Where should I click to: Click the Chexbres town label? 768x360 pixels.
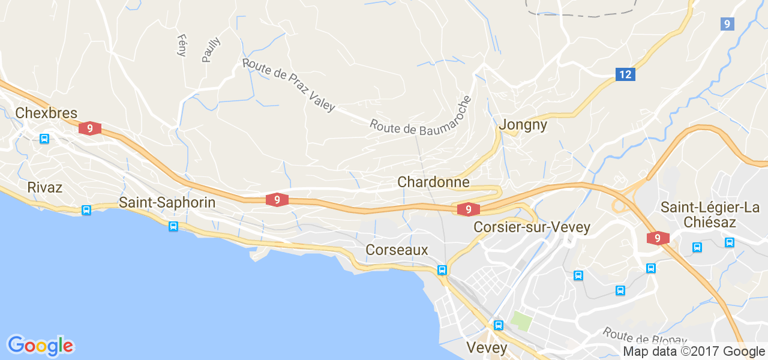(x=46, y=113)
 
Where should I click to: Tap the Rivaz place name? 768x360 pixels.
(x=44, y=187)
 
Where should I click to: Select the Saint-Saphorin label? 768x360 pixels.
(x=167, y=202)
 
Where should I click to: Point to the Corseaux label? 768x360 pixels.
(x=397, y=250)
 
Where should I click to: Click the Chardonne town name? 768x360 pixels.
(x=433, y=182)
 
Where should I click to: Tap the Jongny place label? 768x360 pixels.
(x=523, y=125)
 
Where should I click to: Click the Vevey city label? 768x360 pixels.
(x=487, y=347)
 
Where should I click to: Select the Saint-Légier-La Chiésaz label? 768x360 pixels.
(x=710, y=215)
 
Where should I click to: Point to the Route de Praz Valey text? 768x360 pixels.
(x=289, y=85)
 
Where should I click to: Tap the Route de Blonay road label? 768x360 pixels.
(x=645, y=340)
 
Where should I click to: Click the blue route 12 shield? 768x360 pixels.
(x=625, y=74)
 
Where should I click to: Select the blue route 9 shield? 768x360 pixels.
(x=727, y=24)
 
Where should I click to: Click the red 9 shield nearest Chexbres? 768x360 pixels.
(x=89, y=128)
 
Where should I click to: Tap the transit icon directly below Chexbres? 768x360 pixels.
(x=44, y=139)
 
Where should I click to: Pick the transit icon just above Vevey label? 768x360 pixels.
(x=498, y=325)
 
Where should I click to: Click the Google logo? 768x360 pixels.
(x=40, y=346)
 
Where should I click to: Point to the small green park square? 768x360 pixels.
(x=521, y=321)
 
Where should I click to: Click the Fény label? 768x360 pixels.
(x=182, y=45)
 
